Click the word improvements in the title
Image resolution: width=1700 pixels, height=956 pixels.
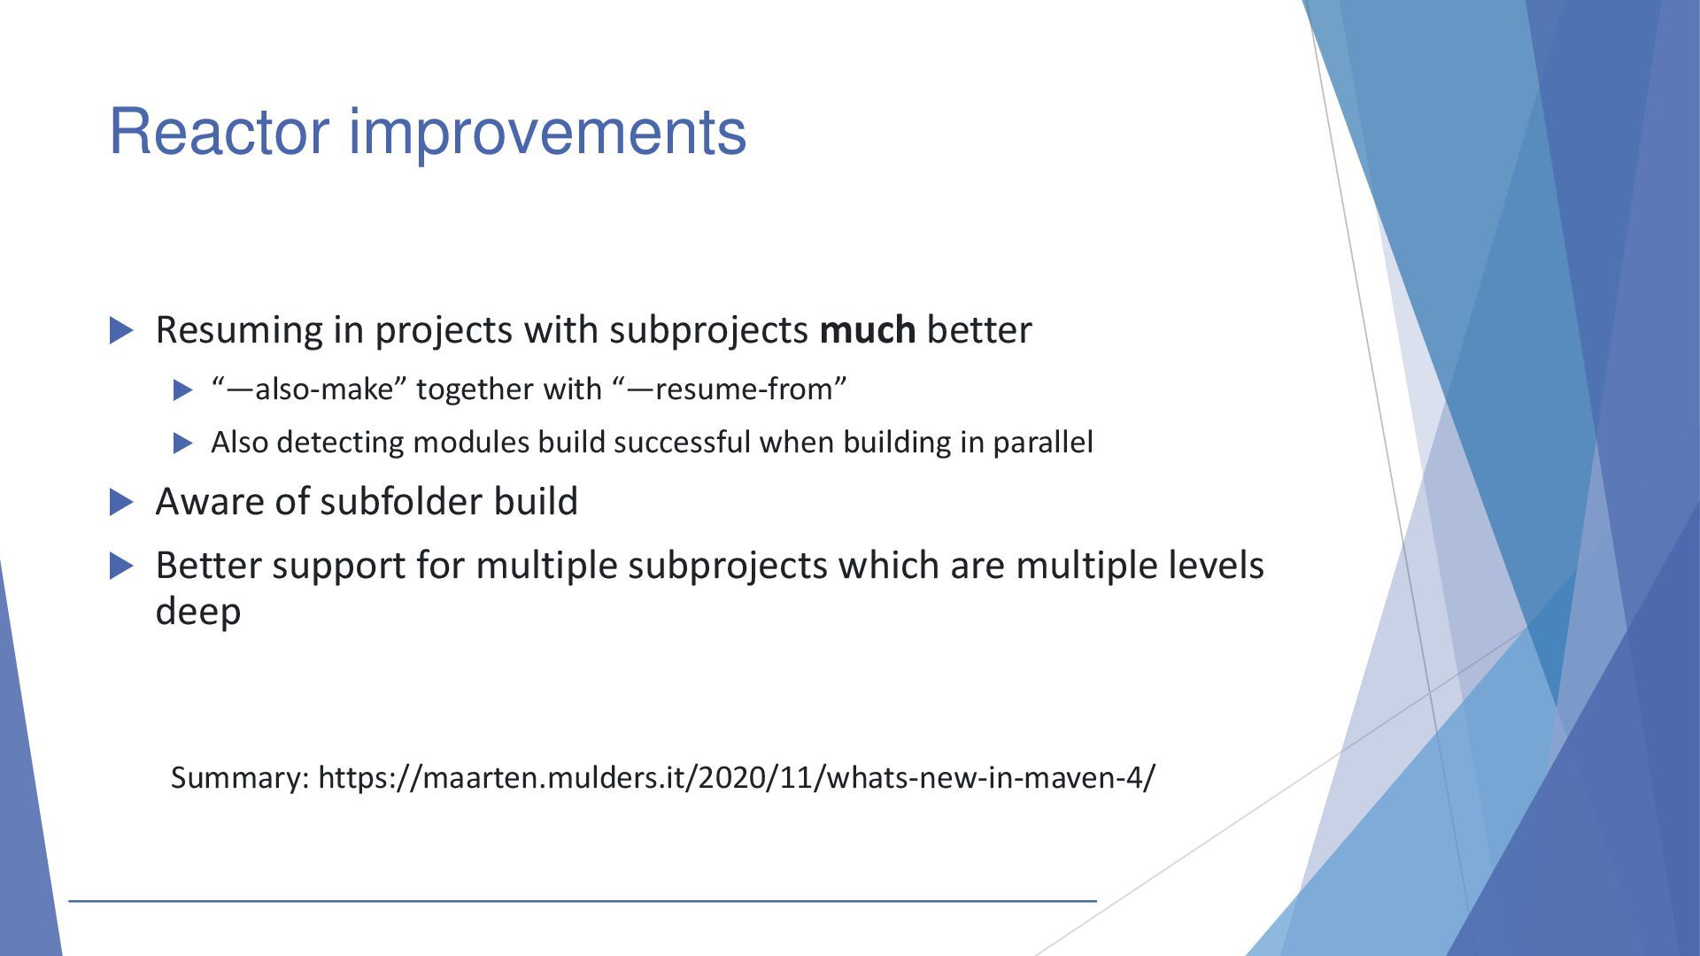click(548, 135)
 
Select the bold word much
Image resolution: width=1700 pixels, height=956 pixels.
click(868, 329)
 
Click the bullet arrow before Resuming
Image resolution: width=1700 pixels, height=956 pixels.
click(122, 331)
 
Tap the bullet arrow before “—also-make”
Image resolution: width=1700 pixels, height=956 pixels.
click(183, 389)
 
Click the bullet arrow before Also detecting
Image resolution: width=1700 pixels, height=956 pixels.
click(183, 443)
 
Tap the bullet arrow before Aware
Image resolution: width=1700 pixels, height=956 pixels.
click(122, 503)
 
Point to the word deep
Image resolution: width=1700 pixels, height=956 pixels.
click(198, 613)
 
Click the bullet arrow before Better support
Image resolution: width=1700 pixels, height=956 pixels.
click(122, 567)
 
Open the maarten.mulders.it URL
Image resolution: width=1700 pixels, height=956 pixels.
click(737, 777)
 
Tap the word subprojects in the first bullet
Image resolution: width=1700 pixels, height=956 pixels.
click(708, 331)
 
